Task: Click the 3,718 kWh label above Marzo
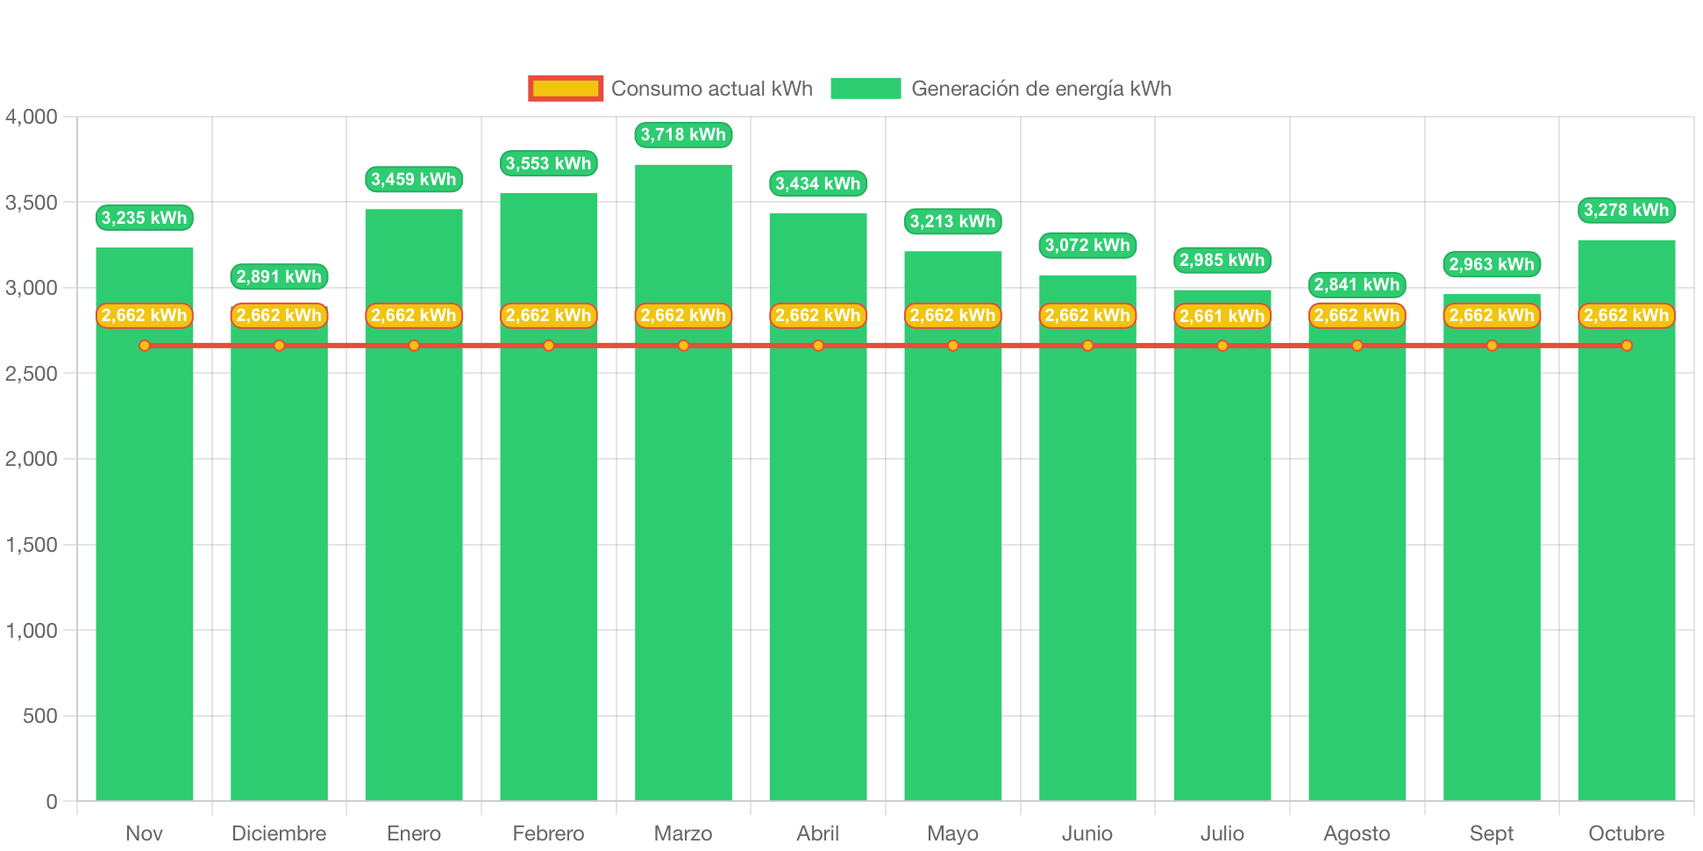tap(683, 134)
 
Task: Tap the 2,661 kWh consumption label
tap(1222, 316)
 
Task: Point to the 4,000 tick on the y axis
tap(32, 117)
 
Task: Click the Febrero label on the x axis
tap(548, 833)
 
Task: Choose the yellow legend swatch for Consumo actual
tap(566, 89)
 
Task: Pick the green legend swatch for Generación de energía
tap(866, 89)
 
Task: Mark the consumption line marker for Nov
tap(145, 346)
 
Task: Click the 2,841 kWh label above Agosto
tap(1357, 284)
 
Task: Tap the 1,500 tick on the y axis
tap(32, 545)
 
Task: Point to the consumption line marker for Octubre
tap(1627, 346)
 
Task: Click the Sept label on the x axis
tap(1492, 833)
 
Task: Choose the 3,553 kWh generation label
tap(548, 163)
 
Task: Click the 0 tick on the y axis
tap(51, 802)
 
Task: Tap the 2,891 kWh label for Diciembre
tap(279, 276)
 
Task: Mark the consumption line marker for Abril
tap(818, 346)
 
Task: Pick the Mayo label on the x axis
tap(952, 833)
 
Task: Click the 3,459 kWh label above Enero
tap(414, 179)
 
